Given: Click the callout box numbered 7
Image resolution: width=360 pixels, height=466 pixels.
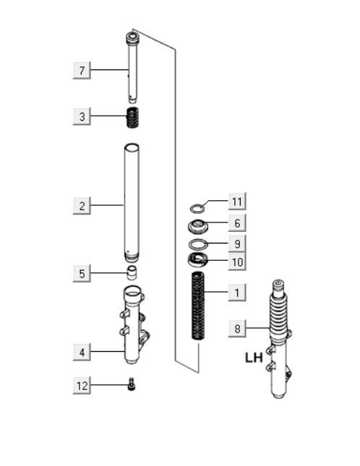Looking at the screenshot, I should (82, 70).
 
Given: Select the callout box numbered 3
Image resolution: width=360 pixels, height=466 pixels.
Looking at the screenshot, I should (82, 116).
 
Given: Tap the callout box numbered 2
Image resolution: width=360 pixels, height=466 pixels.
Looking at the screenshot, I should (82, 206).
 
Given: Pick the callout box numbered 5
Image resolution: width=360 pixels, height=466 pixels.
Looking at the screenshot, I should (82, 274).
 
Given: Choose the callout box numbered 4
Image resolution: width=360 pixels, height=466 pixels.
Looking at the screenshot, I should (82, 352).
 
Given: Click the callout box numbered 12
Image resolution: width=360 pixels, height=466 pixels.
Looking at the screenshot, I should (82, 386).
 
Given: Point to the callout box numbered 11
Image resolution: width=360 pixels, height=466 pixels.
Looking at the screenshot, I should (236, 200).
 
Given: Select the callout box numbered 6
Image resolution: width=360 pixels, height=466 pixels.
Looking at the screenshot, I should (236, 223).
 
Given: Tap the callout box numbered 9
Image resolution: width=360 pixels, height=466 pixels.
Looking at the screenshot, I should (236, 243).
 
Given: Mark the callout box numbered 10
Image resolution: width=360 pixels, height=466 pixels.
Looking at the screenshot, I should (236, 262).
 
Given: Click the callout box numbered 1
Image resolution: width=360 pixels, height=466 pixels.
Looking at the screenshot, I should (236, 293).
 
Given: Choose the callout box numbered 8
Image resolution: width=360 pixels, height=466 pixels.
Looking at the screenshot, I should (236, 329).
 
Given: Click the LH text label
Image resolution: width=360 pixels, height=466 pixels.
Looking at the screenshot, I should (254, 357).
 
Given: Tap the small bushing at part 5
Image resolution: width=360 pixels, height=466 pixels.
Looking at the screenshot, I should (132, 273).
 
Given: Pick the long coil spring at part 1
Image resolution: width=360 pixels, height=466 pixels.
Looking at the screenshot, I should (198, 306).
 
